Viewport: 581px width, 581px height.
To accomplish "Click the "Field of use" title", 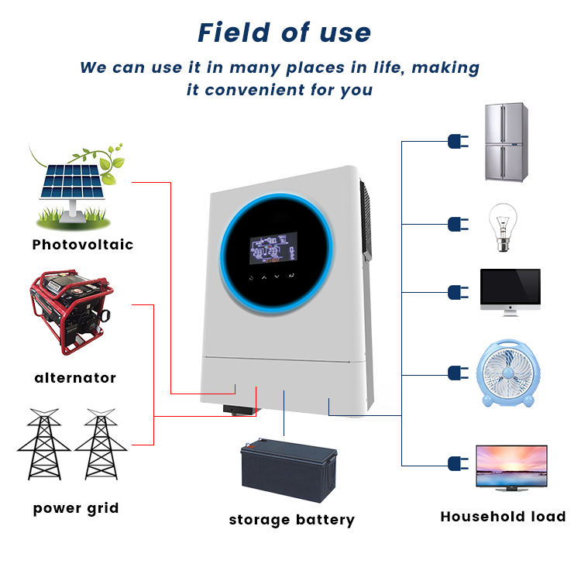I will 284,33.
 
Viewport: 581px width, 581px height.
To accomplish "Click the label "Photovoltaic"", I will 83,245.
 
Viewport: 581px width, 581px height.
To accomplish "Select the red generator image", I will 70,310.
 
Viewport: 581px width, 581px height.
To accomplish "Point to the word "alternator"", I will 75,378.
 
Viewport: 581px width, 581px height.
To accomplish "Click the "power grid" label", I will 76,508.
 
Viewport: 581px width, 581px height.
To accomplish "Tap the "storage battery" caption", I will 291,520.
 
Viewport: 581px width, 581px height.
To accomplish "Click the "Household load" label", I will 503,517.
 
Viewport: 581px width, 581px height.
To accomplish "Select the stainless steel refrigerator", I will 507,142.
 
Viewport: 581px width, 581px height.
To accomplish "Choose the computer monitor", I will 510,291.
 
